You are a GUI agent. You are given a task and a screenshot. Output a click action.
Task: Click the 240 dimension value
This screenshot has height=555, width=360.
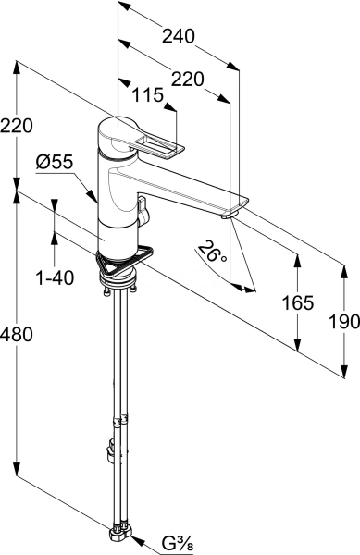(x=179, y=36)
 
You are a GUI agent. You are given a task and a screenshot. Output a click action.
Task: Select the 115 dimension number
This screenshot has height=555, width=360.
(x=148, y=95)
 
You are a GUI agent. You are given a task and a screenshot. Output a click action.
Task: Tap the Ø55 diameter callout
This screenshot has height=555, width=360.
(x=55, y=163)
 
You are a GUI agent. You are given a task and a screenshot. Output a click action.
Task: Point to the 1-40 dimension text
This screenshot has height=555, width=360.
(x=55, y=277)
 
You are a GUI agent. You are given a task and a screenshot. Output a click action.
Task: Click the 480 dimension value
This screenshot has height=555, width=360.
(x=17, y=335)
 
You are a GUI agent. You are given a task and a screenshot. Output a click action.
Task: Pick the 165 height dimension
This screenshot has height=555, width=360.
(x=298, y=303)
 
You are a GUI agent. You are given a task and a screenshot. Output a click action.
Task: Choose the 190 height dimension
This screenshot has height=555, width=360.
(x=344, y=322)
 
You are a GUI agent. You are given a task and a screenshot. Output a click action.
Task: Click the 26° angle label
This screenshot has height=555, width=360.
(x=212, y=252)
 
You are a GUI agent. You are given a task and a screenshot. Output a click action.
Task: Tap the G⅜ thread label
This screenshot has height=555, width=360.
(x=177, y=543)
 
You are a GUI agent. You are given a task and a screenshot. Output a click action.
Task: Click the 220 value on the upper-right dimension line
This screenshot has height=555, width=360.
(x=188, y=80)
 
